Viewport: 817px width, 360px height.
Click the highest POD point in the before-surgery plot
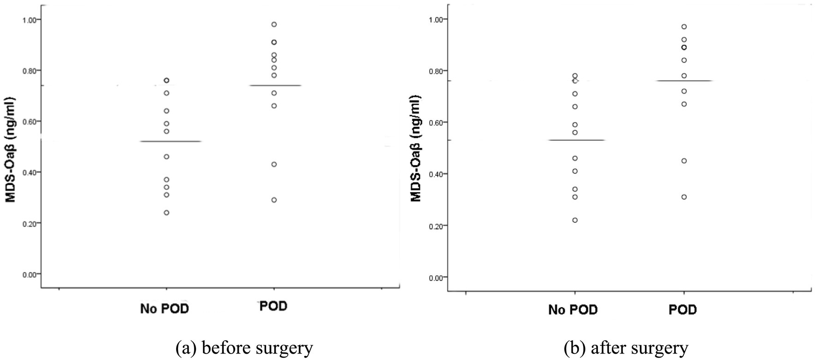point(274,24)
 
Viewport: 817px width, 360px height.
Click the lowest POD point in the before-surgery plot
point(274,200)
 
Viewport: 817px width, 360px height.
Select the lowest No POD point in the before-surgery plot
point(166,212)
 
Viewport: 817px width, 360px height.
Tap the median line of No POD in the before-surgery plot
point(166,141)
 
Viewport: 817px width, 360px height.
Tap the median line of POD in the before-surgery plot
point(274,85)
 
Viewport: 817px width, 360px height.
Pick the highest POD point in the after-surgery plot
point(684,27)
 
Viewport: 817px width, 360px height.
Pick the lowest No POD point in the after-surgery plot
point(575,220)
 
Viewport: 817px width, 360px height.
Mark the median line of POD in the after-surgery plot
point(684,81)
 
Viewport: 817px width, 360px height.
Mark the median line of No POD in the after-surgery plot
point(575,140)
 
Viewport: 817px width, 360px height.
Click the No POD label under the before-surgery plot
point(165,309)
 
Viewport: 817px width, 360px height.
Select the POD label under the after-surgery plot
point(683,310)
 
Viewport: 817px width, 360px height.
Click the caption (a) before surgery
point(244,348)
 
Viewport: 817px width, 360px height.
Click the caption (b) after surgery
point(626,348)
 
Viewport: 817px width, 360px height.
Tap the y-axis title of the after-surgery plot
point(416,148)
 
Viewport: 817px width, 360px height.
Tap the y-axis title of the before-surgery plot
point(10,150)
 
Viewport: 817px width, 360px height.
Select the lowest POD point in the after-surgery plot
point(684,197)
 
